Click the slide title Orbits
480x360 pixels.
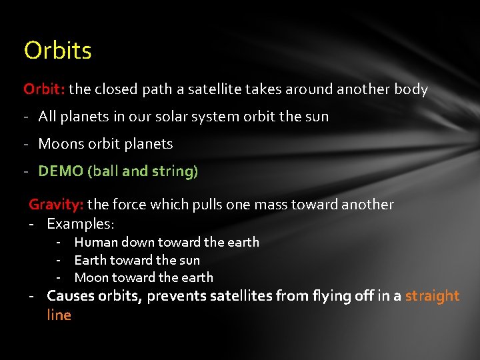[x=57, y=51]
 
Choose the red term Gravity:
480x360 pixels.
[x=56, y=205]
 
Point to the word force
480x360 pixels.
[x=129, y=205]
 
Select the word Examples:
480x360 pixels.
[x=81, y=223]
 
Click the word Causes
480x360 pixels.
[x=71, y=296]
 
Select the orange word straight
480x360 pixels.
[x=432, y=296]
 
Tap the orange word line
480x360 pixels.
[x=59, y=315]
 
